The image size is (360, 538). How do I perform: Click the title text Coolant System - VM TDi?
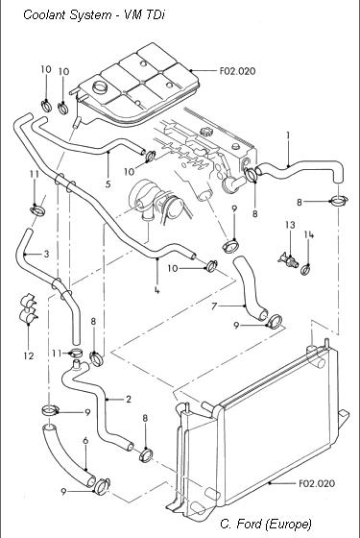pyautogui.click(x=94, y=15)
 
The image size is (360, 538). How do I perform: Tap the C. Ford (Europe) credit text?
pyautogui.click(x=266, y=524)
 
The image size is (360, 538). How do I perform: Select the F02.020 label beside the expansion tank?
pyautogui.click(x=237, y=71)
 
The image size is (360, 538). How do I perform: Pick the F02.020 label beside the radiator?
pyautogui.click(x=317, y=483)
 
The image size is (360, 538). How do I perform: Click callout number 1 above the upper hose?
pyautogui.click(x=288, y=135)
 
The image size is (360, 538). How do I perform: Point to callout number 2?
pyautogui.click(x=129, y=399)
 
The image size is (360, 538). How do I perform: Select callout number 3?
pyautogui.click(x=46, y=254)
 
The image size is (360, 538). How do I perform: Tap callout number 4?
pyautogui.click(x=157, y=290)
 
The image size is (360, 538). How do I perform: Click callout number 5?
pyautogui.click(x=108, y=183)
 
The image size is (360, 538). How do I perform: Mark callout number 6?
pyautogui.click(x=85, y=441)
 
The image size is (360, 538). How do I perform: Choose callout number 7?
pyautogui.click(x=214, y=306)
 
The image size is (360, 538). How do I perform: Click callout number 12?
pyautogui.click(x=29, y=355)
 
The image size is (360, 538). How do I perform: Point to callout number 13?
pyautogui.click(x=290, y=225)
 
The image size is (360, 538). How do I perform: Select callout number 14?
pyautogui.click(x=309, y=234)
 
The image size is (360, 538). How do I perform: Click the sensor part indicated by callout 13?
pyautogui.click(x=288, y=260)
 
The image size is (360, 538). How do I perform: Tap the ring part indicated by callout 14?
pyautogui.click(x=306, y=270)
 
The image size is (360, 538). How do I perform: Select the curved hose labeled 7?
pyautogui.click(x=249, y=288)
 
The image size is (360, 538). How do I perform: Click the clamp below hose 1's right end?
pyautogui.click(x=339, y=201)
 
